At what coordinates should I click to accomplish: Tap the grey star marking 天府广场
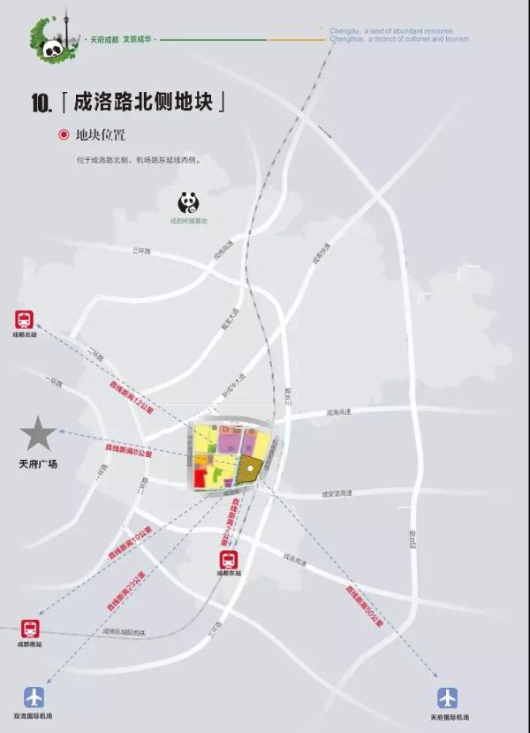38,434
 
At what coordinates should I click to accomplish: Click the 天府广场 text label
38,463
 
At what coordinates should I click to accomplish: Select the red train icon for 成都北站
25,320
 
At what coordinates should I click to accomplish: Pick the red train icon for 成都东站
230,560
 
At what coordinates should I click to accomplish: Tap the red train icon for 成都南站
31,629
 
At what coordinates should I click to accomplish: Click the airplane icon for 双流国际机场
34,697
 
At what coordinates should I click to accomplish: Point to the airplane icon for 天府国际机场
449,698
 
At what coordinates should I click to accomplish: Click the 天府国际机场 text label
450,717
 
